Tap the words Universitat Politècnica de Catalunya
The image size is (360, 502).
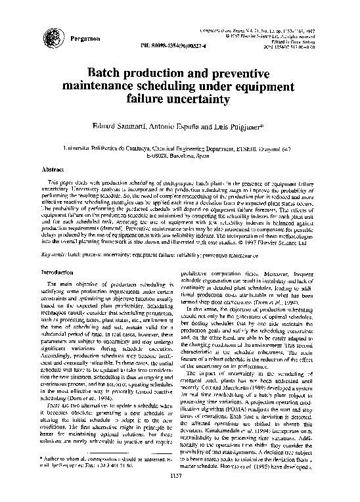point(109,150)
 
